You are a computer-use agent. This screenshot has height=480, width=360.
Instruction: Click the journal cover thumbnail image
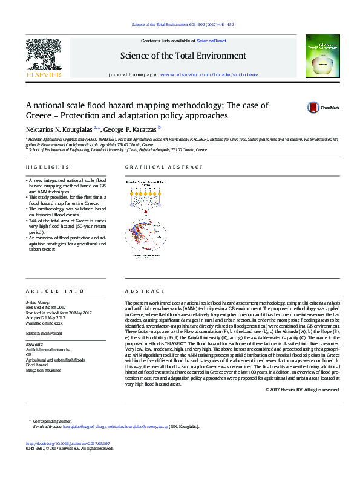(319, 57)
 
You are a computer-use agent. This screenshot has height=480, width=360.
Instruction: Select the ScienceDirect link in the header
(212, 41)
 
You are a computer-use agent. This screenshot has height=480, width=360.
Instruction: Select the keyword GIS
(28, 355)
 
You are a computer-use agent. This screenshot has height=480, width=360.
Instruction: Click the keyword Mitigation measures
(43, 370)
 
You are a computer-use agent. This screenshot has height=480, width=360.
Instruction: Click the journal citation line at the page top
(179, 24)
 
